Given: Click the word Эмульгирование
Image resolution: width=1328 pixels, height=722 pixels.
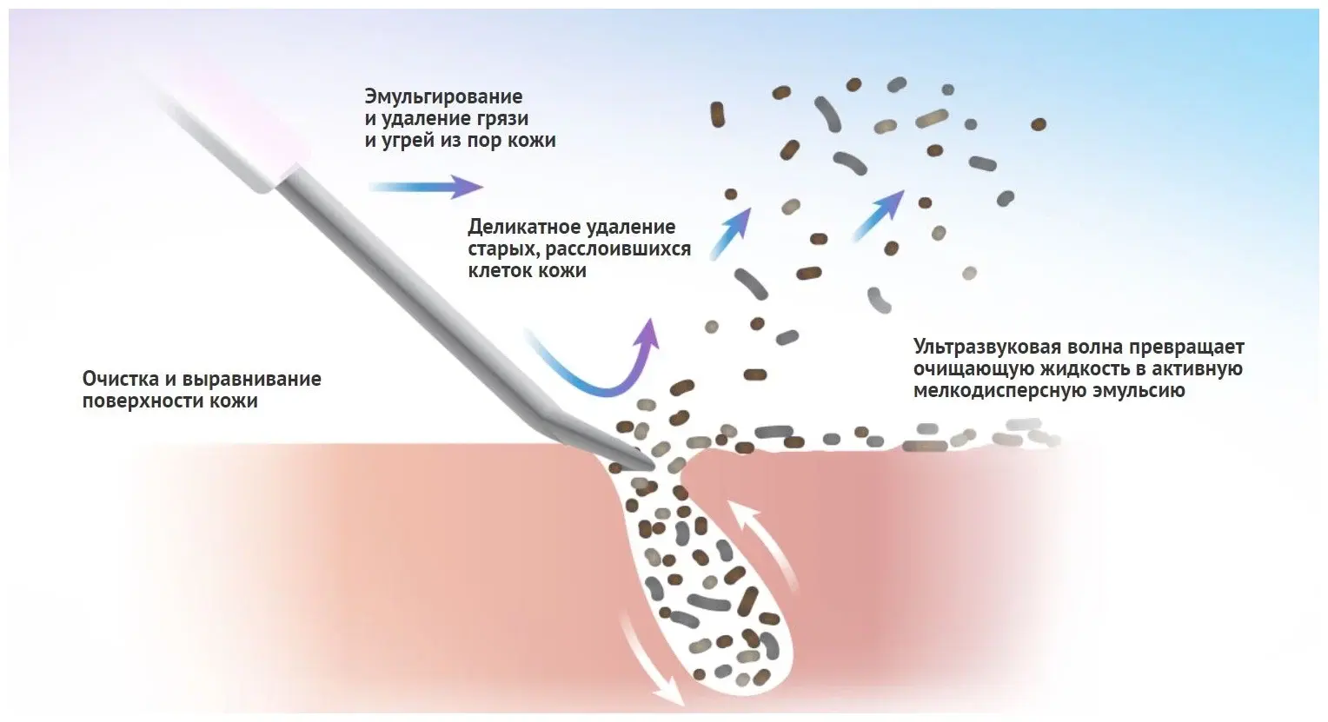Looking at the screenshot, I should click(x=443, y=96).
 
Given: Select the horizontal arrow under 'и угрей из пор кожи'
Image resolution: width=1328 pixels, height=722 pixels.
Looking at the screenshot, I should click(x=425, y=186).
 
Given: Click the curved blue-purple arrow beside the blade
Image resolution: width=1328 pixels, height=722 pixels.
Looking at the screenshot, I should click(x=600, y=369).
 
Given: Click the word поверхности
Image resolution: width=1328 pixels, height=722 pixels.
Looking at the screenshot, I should click(x=143, y=401).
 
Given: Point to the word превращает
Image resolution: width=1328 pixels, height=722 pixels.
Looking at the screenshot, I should click(x=1187, y=348).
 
